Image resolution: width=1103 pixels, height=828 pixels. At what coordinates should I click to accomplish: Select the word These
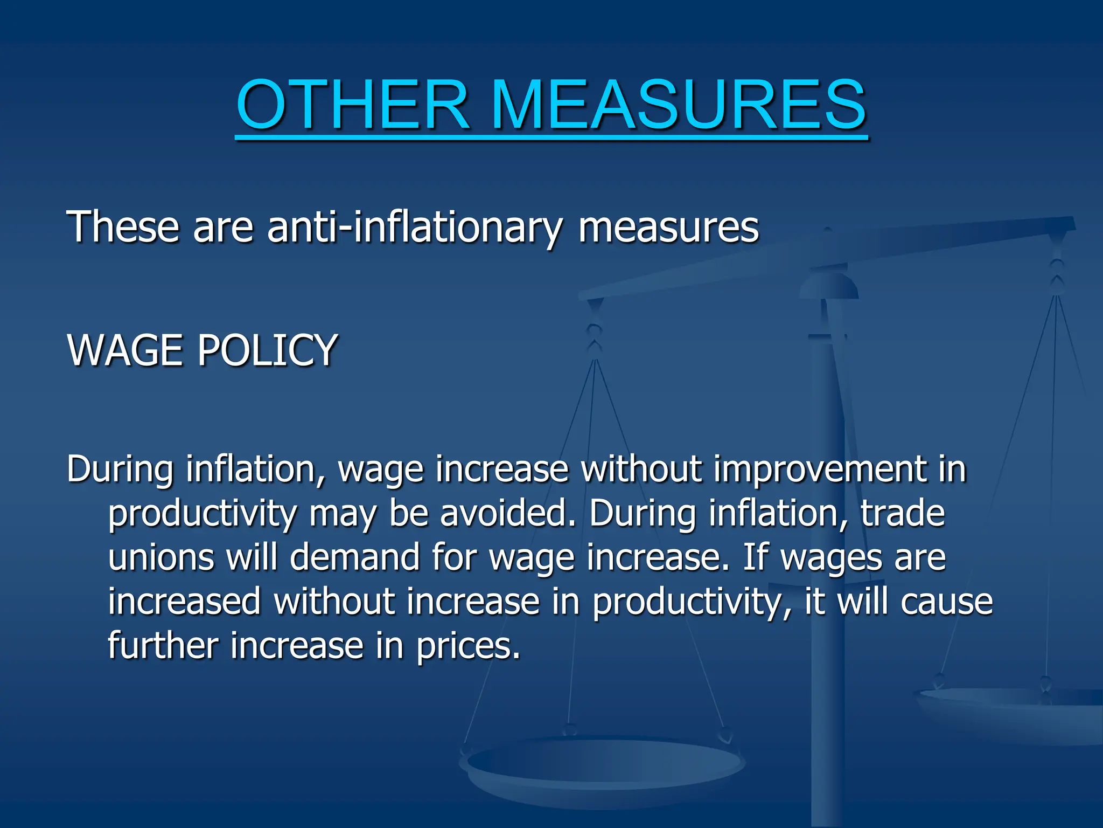[x=123, y=227]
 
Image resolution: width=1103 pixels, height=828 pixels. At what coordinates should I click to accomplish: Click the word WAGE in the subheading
[x=124, y=350]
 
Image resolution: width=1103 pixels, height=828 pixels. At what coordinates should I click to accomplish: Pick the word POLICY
[x=267, y=350]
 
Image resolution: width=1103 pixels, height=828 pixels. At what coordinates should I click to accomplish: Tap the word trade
[x=903, y=513]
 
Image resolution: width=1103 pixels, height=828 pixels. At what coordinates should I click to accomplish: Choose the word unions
[x=161, y=557]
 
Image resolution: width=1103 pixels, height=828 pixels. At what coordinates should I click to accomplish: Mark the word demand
[x=355, y=557]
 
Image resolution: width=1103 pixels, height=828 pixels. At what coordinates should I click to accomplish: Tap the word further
[x=163, y=645]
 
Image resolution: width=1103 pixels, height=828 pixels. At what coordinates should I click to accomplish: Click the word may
[x=343, y=514]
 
